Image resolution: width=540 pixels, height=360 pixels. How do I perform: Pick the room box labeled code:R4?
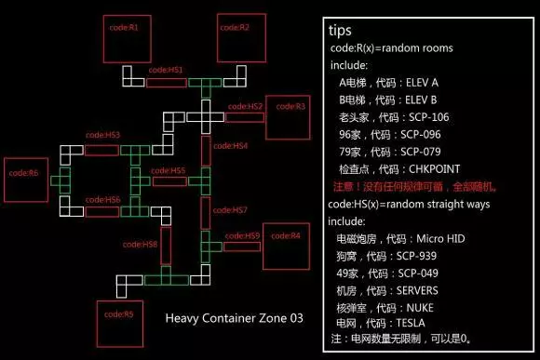286,247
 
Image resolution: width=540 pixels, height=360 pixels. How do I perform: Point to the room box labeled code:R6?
25,182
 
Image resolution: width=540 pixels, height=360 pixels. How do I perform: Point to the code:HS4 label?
232,146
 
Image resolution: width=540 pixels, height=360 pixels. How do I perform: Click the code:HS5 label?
169,171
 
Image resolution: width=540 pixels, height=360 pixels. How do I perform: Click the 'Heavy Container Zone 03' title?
234,318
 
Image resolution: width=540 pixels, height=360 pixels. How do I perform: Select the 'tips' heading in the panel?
340,31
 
